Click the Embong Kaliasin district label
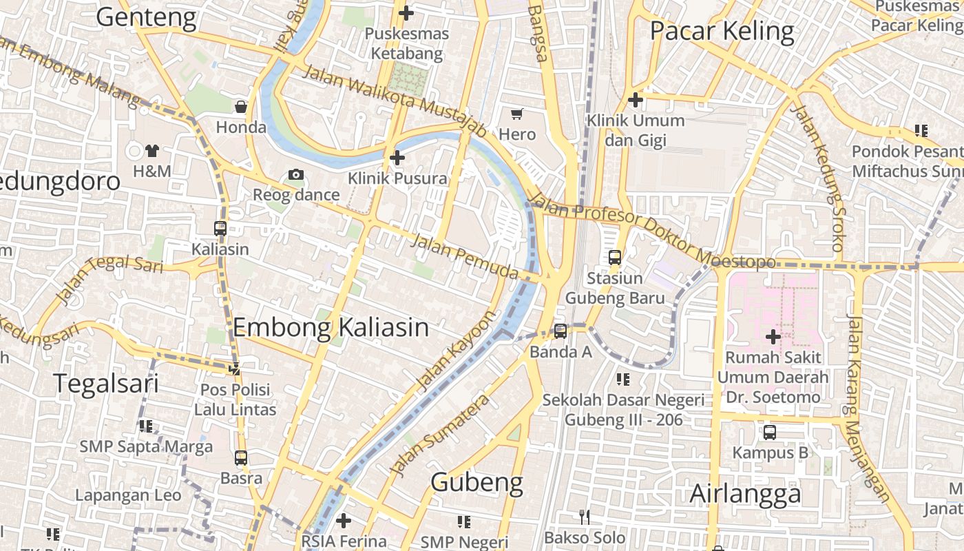[331, 327]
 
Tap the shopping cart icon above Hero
[517, 114]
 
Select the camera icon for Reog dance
[296, 175]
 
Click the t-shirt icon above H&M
[152, 151]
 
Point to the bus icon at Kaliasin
[220, 229]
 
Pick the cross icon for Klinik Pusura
[397, 158]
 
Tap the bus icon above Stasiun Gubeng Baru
[615, 258]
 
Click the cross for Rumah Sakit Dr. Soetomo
[773, 337]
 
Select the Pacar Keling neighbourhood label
[722, 32]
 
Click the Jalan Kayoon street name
[457, 351]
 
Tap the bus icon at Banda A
[560, 331]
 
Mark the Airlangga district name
[745, 494]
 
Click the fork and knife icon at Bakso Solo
[585, 517]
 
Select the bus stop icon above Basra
[241, 457]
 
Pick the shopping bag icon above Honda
[241, 107]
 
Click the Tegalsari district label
[106, 384]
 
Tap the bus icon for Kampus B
[770, 433]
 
